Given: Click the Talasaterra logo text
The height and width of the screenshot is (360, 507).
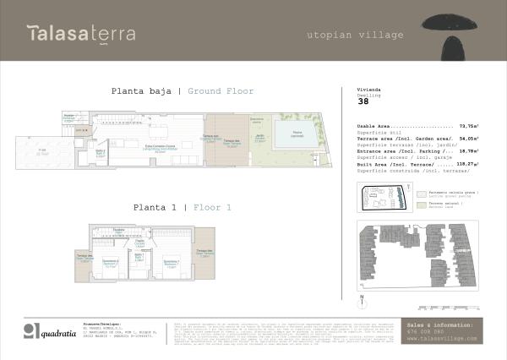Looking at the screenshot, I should (x=80, y=34).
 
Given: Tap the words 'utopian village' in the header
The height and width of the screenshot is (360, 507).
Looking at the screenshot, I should (x=343, y=35).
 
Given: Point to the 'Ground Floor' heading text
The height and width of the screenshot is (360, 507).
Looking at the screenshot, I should (x=221, y=91).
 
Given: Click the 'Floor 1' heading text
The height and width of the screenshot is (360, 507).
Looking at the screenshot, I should (x=212, y=206).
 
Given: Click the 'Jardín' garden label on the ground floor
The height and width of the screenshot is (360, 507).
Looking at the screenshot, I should (x=259, y=139).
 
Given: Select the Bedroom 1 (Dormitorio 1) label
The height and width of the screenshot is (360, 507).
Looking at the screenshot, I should (x=171, y=263).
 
